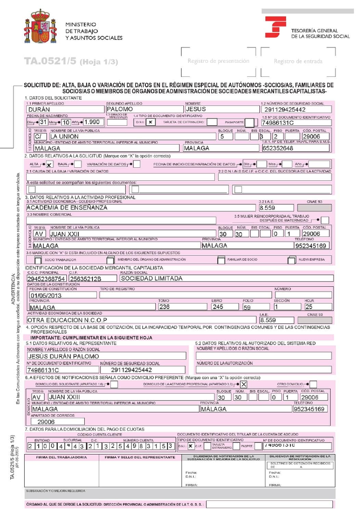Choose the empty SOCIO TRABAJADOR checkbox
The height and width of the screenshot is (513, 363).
(x=38, y=260)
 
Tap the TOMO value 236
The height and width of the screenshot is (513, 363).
(x=165, y=306)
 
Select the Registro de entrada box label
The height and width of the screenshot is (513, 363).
(x=295, y=61)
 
